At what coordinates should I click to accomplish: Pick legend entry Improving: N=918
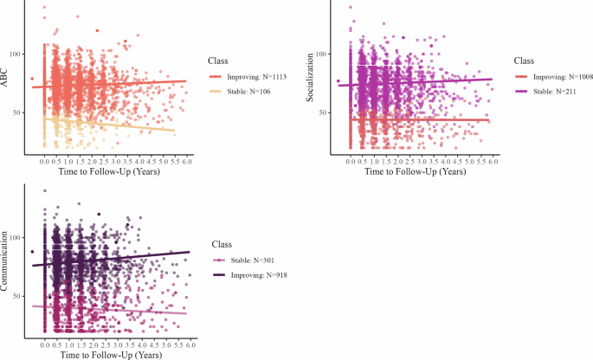click(262, 274)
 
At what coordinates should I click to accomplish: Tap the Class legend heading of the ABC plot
click(218, 61)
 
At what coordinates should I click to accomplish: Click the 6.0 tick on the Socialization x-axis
click(493, 163)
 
